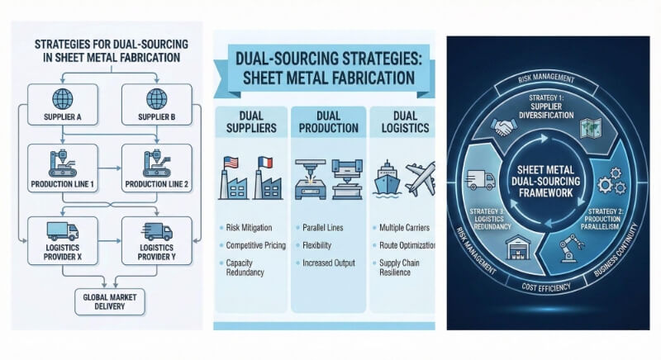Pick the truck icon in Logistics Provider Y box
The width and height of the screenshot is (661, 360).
click(154, 231)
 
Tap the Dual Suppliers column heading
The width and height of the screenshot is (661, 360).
click(249, 122)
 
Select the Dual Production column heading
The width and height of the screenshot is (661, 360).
click(326, 122)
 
